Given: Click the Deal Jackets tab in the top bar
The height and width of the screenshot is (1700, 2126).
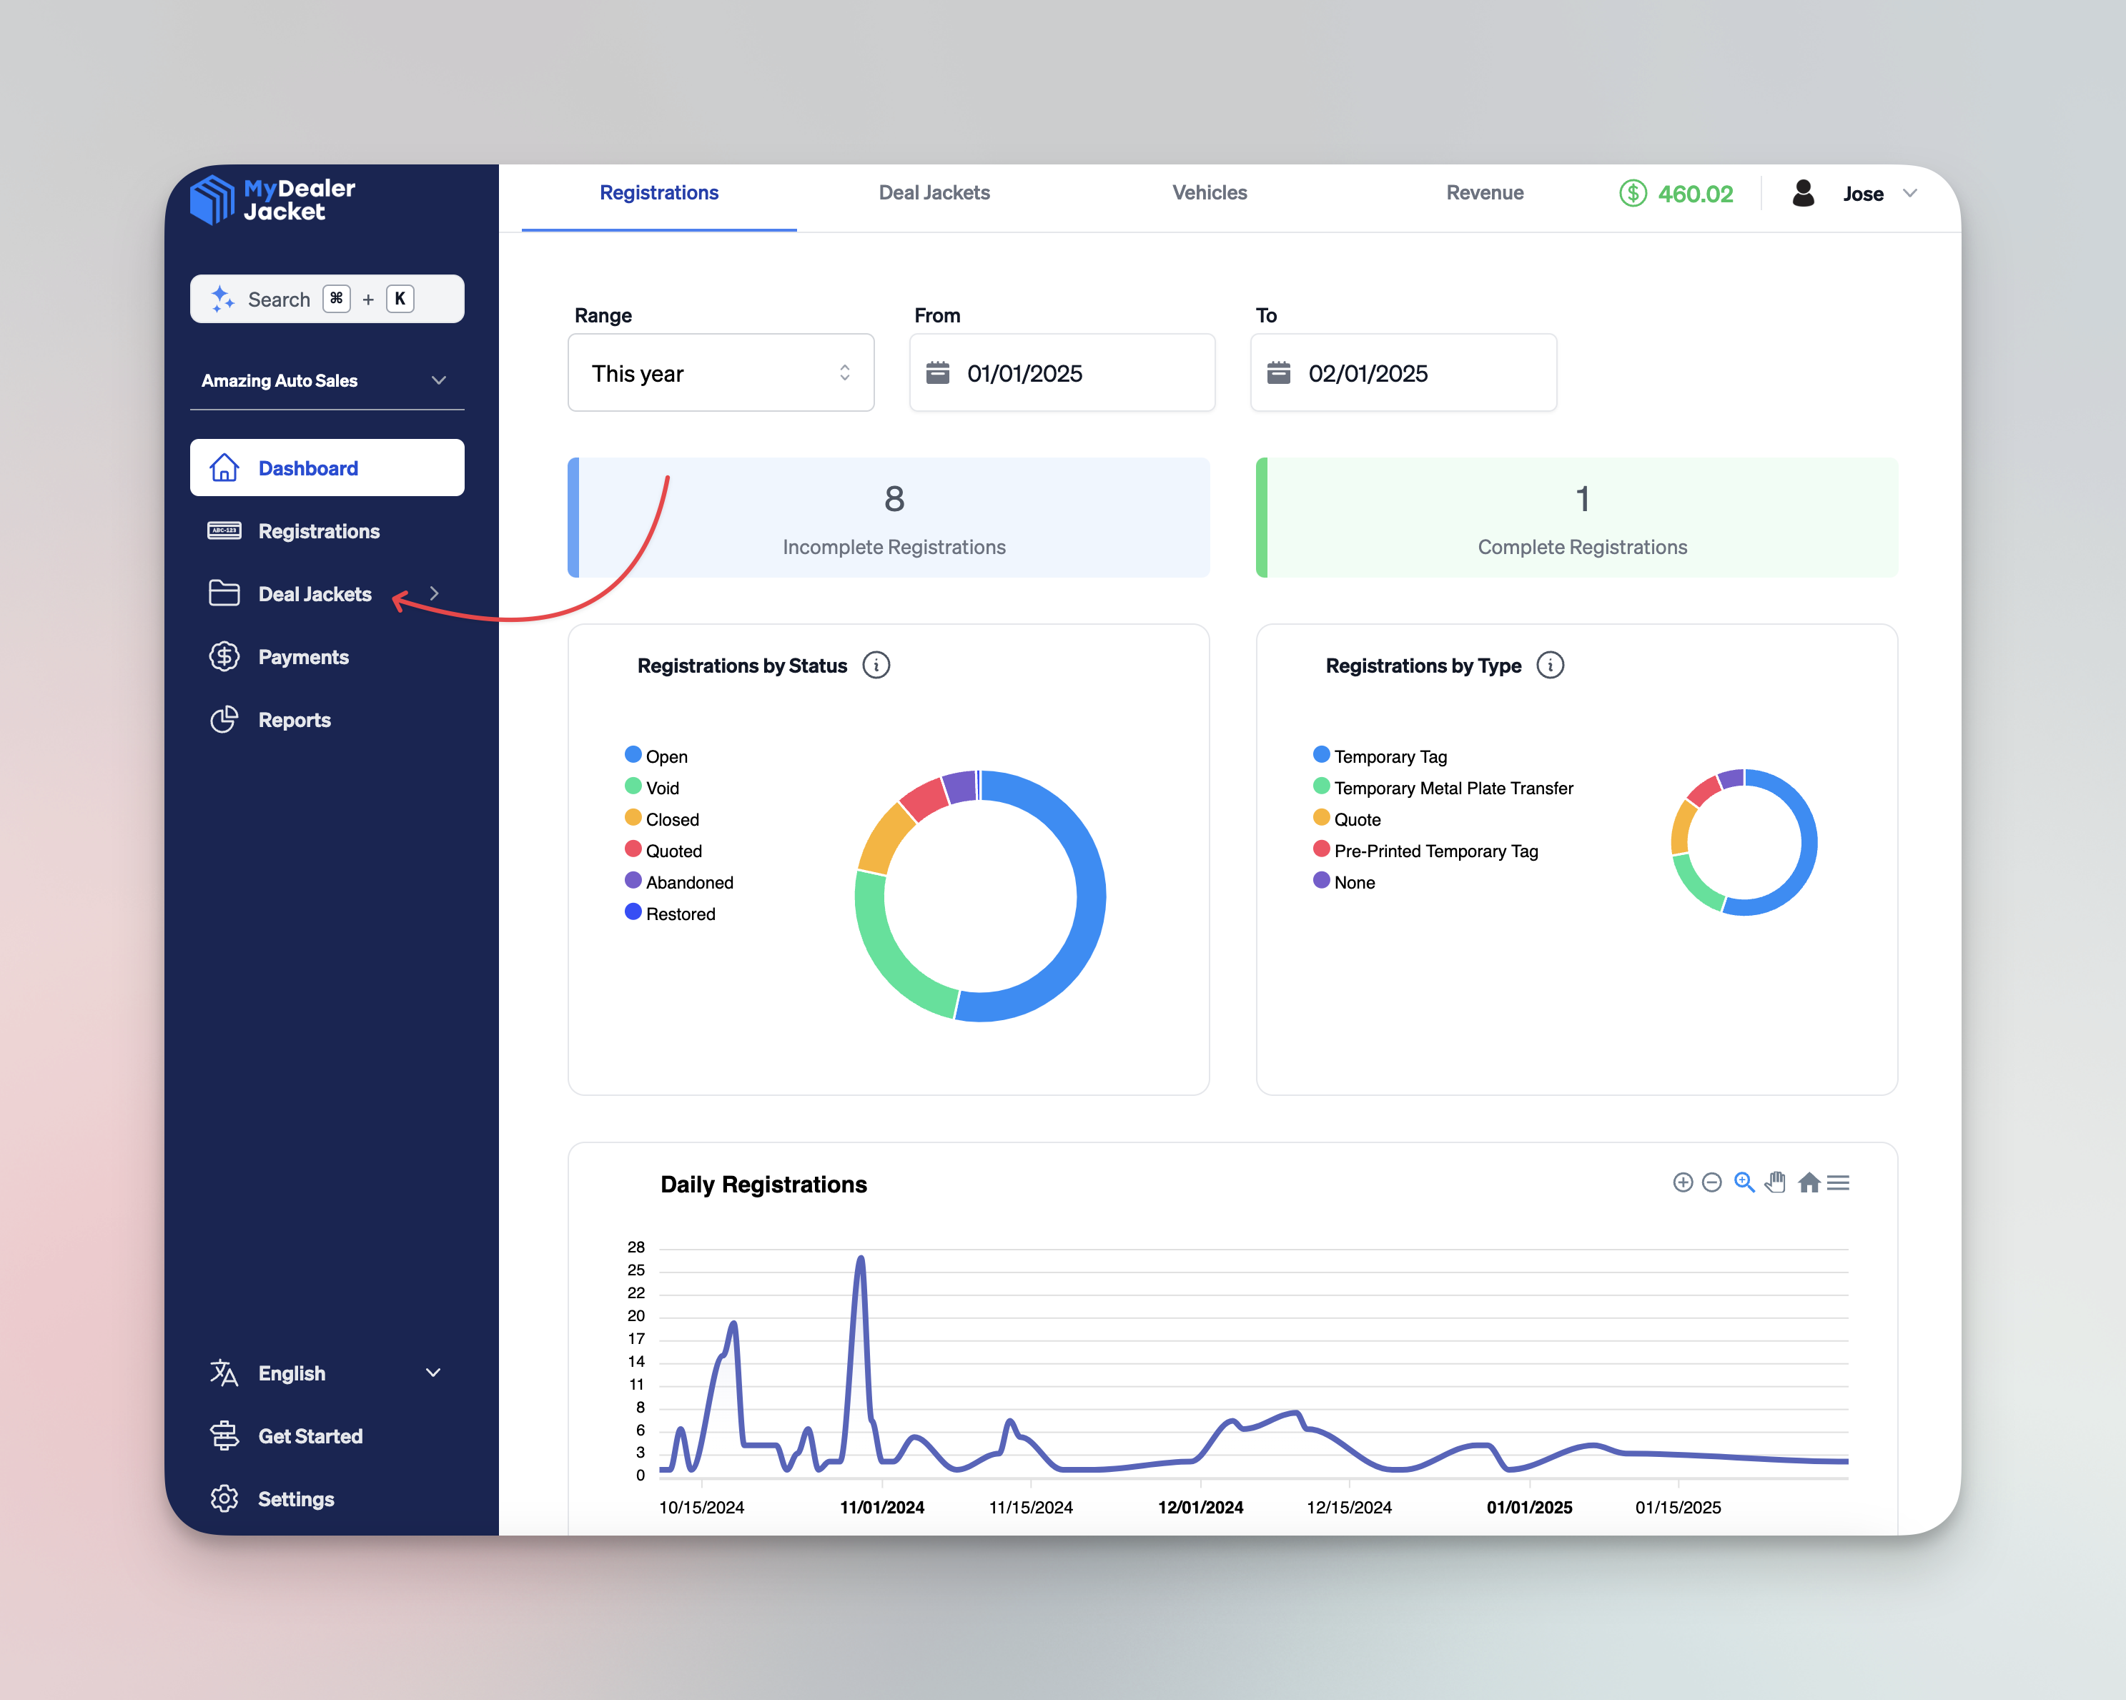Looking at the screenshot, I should [934, 193].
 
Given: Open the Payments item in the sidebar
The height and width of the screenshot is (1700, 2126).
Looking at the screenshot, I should [302, 657].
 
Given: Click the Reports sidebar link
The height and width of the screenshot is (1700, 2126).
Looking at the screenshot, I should [294, 720].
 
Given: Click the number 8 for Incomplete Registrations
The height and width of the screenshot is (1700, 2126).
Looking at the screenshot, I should [894, 499].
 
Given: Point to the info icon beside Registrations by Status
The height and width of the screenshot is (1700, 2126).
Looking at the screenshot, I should [876, 666].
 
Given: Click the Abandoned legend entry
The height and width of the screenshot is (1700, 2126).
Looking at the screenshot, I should [688, 883].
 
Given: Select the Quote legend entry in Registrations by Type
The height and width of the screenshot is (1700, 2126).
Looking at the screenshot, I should [1356, 819].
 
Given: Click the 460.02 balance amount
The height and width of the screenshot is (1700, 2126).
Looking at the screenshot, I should [1694, 194].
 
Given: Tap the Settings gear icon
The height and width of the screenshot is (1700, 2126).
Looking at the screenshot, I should [224, 1499].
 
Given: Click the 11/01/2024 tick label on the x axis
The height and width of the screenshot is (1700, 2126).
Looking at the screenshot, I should [881, 1507].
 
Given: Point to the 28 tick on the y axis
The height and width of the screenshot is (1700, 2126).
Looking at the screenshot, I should [636, 1247].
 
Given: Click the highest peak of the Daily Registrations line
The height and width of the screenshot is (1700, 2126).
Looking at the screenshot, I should [861, 1258].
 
